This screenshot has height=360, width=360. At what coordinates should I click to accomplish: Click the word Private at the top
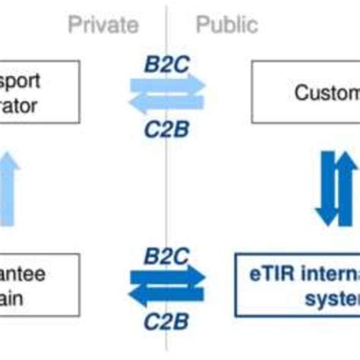(x=103, y=24)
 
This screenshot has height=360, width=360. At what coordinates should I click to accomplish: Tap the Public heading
(x=227, y=24)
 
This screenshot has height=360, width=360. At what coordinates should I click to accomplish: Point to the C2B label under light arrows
(x=166, y=130)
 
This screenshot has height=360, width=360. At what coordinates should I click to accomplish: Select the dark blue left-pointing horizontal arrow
(x=165, y=298)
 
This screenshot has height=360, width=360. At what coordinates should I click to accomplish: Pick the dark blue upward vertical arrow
(x=343, y=186)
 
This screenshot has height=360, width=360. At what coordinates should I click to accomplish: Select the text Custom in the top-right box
(x=327, y=93)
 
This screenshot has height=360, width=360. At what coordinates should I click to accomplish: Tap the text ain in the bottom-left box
(x=11, y=298)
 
